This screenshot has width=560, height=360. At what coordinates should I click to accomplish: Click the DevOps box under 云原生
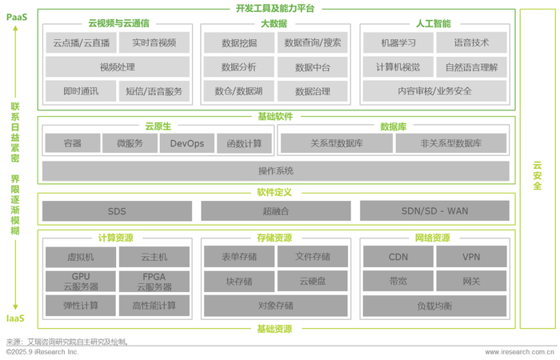pyautogui.click(x=187, y=143)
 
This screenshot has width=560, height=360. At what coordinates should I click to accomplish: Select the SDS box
pyautogui.click(x=117, y=211)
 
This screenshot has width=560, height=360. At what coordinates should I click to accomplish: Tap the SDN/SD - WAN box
pyautogui.click(x=434, y=210)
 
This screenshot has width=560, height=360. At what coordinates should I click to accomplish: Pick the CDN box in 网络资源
pyautogui.click(x=398, y=257)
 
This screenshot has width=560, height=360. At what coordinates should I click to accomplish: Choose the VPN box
pyautogui.click(x=471, y=257)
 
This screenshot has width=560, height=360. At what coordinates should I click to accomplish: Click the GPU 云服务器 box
pyautogui.click(x=81, y=282)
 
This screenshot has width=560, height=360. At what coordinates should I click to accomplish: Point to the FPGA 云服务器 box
pyautogui.click(x=154, y=282)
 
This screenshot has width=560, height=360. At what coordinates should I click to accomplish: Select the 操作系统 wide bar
pyautogui.click(x=276, y=171)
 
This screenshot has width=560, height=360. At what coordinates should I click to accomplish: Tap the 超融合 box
pyautogui.click(x=276, y=211)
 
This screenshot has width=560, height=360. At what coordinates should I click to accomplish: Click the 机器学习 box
pyautogui.click(x=398, y=43)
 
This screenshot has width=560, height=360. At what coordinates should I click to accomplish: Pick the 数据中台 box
pyautogui.click(x=313, y=67)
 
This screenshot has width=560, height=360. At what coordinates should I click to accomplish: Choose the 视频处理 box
pyautogui.click(x=118, y=66)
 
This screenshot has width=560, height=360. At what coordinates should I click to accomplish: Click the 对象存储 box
pyautogui.click(x=276, y=306)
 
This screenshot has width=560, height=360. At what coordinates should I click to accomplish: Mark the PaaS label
pyautogui.click(x=17, y=17)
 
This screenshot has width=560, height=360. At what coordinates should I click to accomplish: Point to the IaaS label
pyautogui.click(x=15, y=318)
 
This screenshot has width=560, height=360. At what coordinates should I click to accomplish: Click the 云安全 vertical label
pyautogui.click(x=537, y=175)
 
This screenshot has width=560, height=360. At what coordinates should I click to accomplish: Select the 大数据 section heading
pyautogui.click(x=274, y=23)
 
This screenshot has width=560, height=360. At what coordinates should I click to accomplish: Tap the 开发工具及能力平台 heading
pyautogui.click(x=275, y=8)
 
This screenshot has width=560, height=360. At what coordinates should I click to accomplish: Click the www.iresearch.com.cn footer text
pyautogui.click(x=520, y=352)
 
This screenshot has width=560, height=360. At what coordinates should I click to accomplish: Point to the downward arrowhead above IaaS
pyautogui.click(x=15, y=306)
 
